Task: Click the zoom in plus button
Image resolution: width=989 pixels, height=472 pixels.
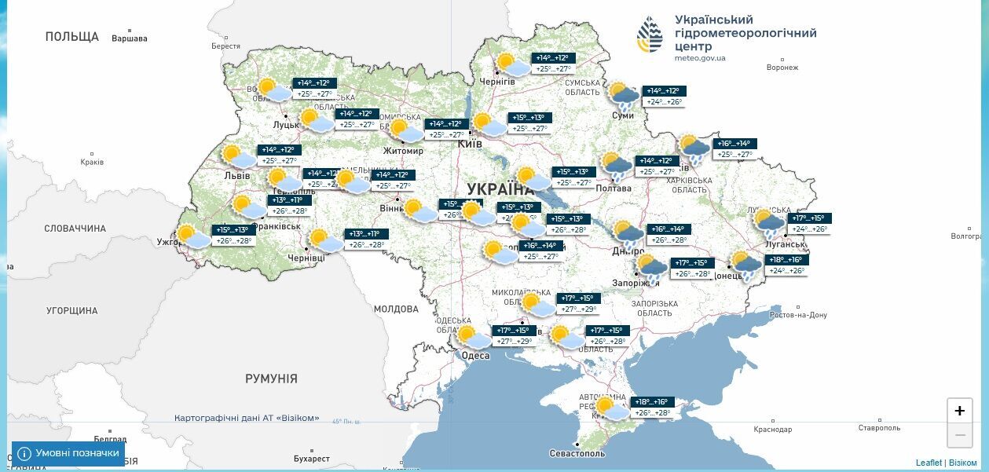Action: tap(959, 411)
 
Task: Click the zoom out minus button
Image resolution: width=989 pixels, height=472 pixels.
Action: tap(959, 434)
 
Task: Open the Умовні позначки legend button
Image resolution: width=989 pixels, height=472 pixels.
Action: tap(68, 453)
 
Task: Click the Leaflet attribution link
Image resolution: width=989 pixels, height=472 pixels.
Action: tap(929, 463)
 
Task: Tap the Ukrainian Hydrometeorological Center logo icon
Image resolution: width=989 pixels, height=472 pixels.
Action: tap(650, 35)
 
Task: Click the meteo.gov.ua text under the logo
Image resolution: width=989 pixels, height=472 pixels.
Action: tap(700, 58)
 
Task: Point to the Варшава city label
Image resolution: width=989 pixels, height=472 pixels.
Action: tap(130, 38)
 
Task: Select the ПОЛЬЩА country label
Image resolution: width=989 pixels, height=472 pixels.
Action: tap(72, 36)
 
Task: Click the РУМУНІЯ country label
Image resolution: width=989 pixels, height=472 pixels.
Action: tap(271, 379)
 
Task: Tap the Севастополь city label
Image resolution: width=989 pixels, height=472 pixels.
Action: tap(577, 454)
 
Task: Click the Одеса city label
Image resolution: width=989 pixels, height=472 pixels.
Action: tap(475, 356)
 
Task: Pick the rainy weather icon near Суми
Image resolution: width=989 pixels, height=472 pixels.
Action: tap(625, 96)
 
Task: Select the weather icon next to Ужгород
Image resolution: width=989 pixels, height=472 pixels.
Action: tap(192, 236)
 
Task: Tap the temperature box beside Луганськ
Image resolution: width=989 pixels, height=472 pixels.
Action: tap(809, 224)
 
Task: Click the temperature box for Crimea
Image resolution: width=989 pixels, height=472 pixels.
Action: tap(652, 407)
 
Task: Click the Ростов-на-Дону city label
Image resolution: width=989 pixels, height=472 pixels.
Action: tap(798, 315)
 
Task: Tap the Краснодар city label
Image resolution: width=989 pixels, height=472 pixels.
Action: tap(772, 430)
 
